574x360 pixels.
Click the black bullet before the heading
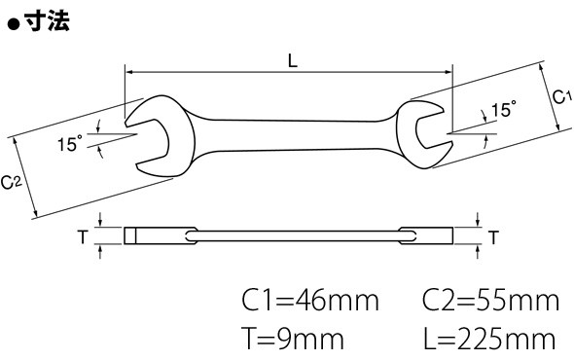tap(14, 25)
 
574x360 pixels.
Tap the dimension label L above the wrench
tap(293, 60)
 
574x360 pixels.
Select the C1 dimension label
tap(561, 97)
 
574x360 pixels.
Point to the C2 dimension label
tap(12, 182)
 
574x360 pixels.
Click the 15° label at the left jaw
tap(70, 143)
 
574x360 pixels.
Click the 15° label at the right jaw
tap(503, 109)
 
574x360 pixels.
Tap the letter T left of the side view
tap(84, 236)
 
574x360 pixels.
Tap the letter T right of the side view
tap(494, 237)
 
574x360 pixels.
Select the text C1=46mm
tap(309, 301)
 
